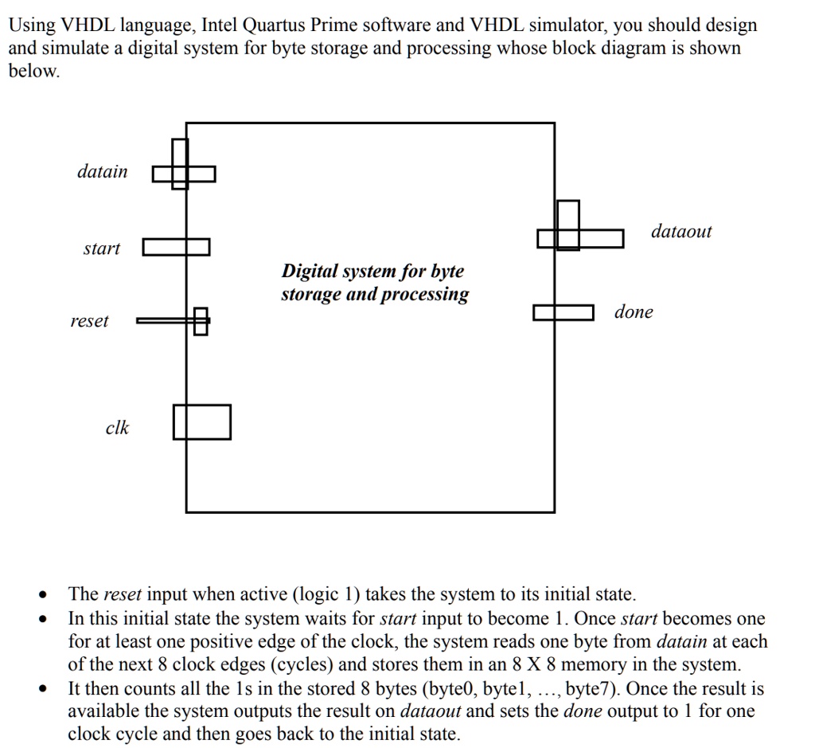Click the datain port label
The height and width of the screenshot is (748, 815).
click(103, 171)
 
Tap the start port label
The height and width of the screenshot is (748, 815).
click(102, 248)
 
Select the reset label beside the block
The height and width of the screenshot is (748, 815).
click(89, 321)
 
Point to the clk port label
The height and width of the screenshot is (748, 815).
click(118, 427)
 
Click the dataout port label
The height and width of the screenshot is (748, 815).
click(681, 231)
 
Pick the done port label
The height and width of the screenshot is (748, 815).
click(634, 311)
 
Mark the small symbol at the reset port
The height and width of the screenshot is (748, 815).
click(201, 321)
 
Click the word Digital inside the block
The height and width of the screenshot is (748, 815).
click(308, 271)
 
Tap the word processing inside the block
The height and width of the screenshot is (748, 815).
click(425, 295)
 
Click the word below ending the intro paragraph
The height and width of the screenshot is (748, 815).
click(34, 70)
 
